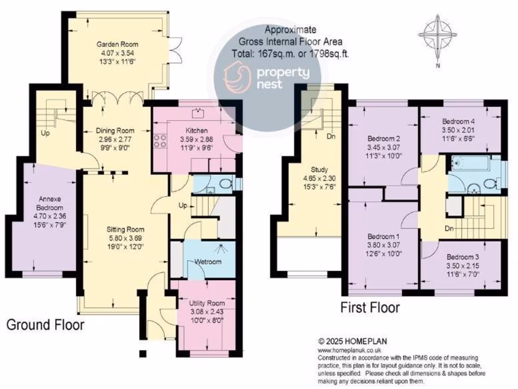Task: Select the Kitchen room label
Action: pyautogui.click(x=194, y=131)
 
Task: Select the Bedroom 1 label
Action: pyautogui.click(x=383, y=237)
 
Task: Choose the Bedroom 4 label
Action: pyautogui.click(x=458, y=122)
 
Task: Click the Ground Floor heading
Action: pyautogui.click(x=45, y=325)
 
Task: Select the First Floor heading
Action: pyautogui.click(x=370, y=307)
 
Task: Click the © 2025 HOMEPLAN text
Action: pyautogui.click(x=352, y=342)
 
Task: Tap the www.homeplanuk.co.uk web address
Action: pyautogui.click(x=350, y=350)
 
